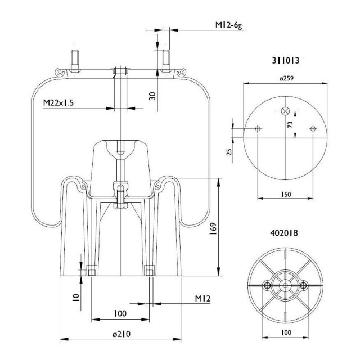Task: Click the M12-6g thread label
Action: point(229,25)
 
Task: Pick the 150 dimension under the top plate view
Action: point(286,194)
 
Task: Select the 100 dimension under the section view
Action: point(120,313)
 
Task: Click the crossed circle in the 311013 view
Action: point(286,110)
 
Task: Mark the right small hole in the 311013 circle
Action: point(313,129)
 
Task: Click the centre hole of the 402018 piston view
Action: point(285,286)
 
